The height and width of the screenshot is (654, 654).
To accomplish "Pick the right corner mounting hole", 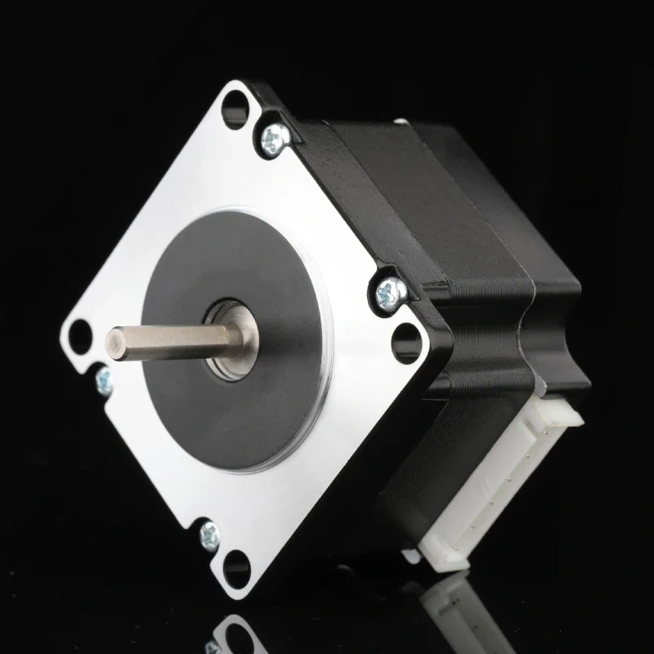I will point(405,343).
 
